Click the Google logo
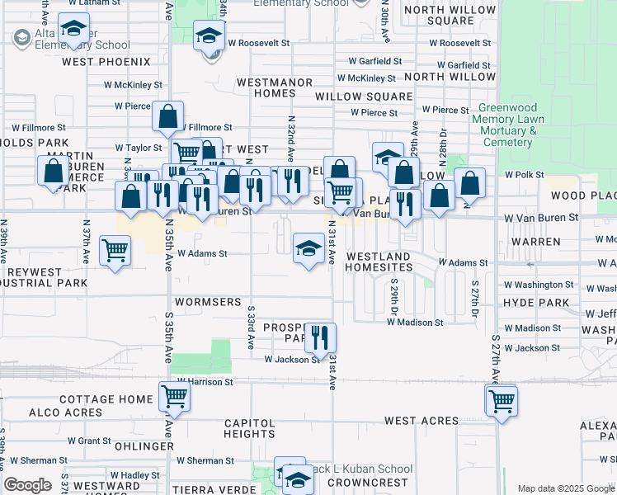click(x=27, y=485)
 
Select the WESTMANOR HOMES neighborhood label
click(x=275, y=87)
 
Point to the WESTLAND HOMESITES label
click(x=378, y=262)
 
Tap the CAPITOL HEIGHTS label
click(x=249, y=428)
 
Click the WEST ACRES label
click(x=421, y=421)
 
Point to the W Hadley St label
click(x=136, y=475)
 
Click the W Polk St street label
click(x=520, y=175)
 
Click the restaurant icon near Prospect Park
click(x=320, y=337)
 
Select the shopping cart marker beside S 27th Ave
click(x=501, y=402)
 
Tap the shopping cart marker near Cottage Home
click(x=174, y=397)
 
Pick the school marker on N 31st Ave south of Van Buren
click(x=308, y=247)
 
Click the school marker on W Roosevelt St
click(x=209, y=36)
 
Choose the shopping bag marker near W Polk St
click(x=469, y=184)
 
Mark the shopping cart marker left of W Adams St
click(x=115, y=251)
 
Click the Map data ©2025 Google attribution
click(x=565, y=488)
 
